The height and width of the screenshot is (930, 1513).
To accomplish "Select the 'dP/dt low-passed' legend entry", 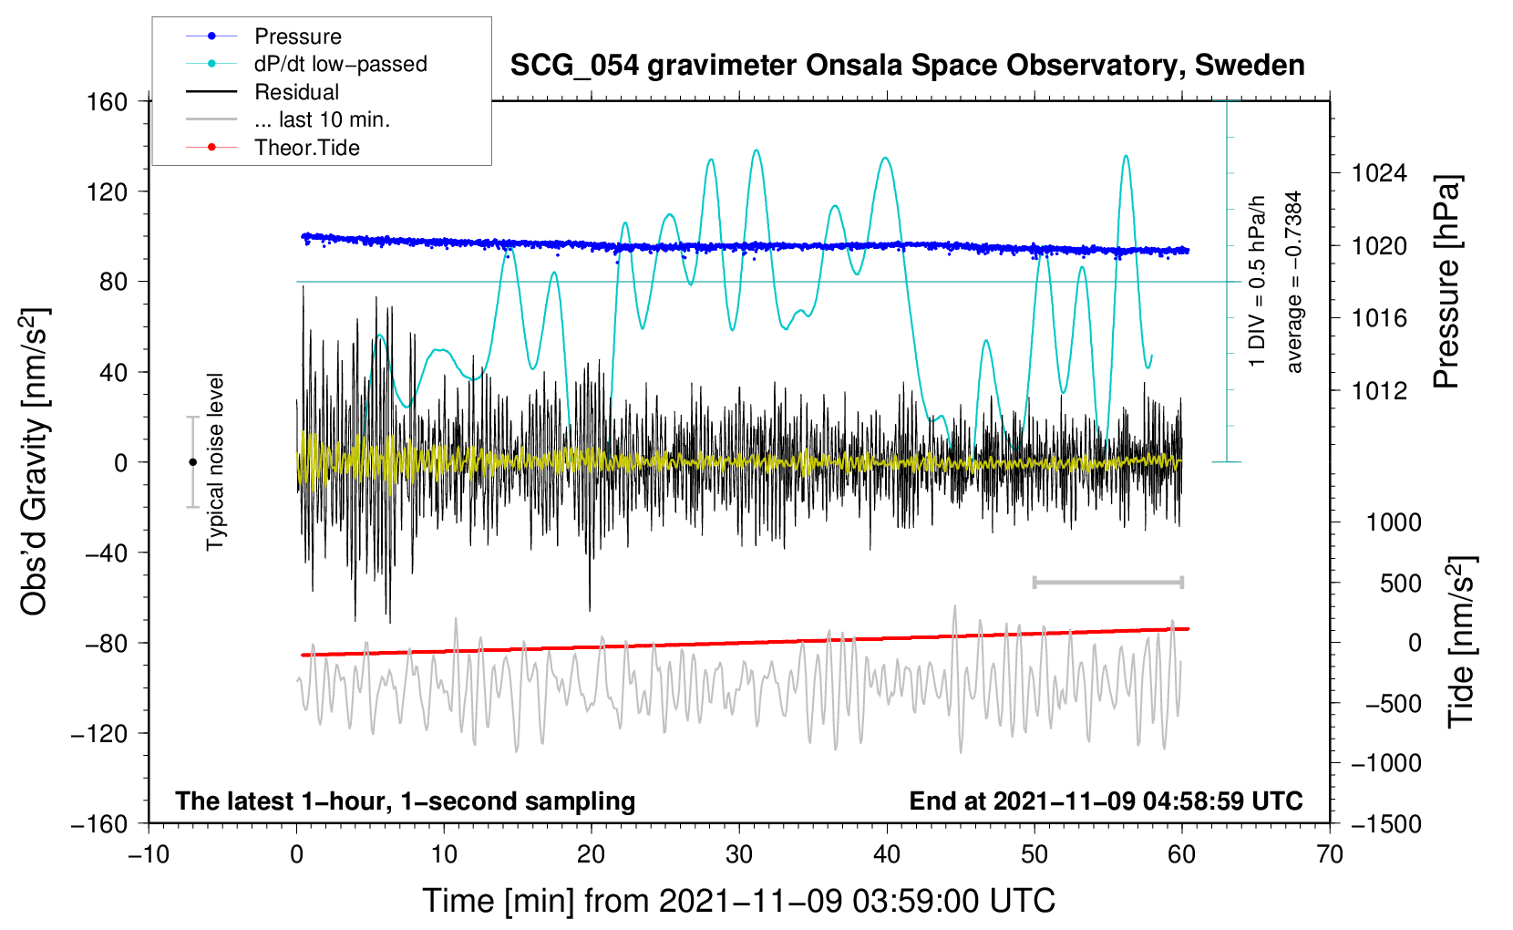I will pos(340,64).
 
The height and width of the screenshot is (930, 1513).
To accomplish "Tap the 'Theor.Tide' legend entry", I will pos(306,148).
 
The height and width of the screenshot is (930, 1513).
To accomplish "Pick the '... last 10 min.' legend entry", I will pos(322,119).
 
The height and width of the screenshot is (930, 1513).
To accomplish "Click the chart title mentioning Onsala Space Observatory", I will pos(907,66).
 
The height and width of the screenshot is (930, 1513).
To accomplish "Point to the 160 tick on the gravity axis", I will pos(108,102).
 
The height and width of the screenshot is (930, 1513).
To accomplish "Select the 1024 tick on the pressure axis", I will pos(1378,173).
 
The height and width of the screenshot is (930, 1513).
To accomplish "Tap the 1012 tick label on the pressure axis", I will pos(1378,391).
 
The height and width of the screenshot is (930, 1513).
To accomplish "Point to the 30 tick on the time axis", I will pos(739,854).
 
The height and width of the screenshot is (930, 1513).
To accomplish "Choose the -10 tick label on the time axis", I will pos(149,854).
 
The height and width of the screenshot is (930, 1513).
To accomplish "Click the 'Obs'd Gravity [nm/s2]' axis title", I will pos(35,461).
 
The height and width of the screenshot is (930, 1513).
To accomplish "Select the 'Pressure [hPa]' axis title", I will pos(1446,283).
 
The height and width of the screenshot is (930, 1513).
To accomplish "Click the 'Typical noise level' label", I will pos(215,461).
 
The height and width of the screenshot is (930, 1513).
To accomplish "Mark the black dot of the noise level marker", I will pos(192,462).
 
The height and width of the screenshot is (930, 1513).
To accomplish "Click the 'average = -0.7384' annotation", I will pos(1294,282).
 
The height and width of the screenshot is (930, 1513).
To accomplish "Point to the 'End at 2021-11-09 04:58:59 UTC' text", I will pos(1106,801).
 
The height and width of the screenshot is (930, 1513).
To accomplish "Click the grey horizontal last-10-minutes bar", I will pos(1107,582).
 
